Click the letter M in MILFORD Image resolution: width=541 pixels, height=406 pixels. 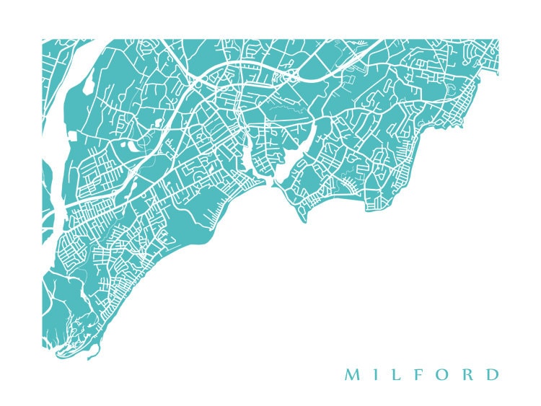(x=351, y=375)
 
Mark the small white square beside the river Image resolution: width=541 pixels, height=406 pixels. (x=72, y=133)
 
